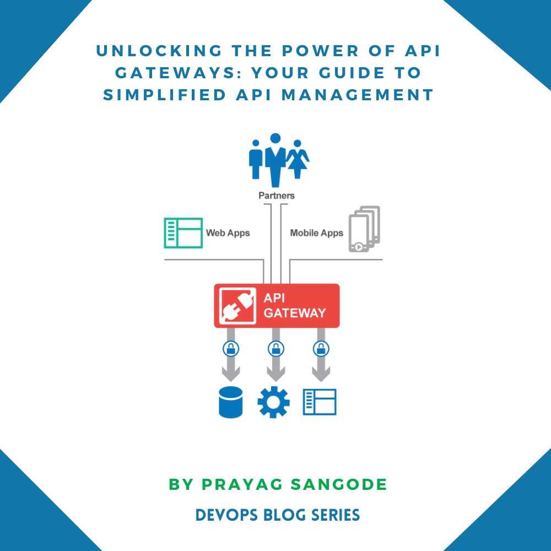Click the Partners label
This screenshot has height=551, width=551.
[x=277, y=196]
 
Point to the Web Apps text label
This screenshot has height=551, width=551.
[x=228, y=233]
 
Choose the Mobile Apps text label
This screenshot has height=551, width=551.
[x=316, y=233]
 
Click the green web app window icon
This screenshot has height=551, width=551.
[x=183, y=233]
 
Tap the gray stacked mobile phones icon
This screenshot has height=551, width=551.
[x=364, y=229]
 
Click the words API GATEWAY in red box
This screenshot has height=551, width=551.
[x=294, y=306]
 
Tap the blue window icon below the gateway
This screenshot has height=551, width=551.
[x=320, y=402]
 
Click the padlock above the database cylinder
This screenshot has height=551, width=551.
[x=230, y=348]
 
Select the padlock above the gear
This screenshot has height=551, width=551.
[x=275, y=348]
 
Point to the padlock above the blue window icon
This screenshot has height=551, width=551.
[x=320, y=348]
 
